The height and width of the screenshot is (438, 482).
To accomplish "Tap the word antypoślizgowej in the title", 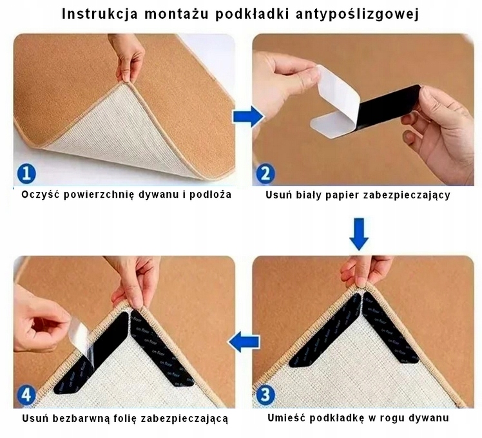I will (363, 15).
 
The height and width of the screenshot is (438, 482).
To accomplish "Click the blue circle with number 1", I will (25, 173).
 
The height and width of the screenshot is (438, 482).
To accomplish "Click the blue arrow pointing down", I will (359, 233).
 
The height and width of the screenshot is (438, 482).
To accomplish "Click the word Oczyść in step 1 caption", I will (41, 194).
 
